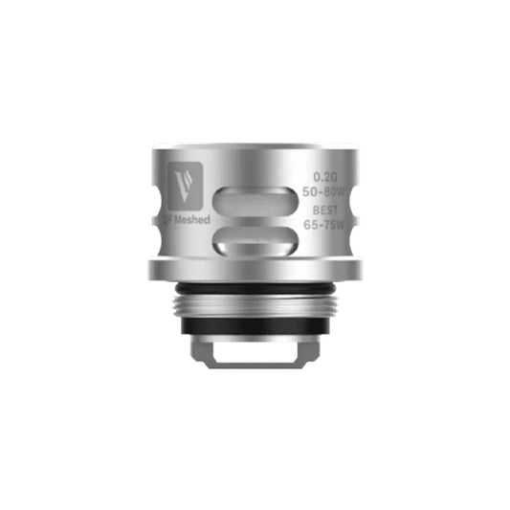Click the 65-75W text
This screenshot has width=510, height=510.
[x=328, y=229]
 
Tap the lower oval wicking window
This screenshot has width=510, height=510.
[x=255, y=239]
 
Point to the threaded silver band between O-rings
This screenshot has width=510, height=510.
[x=255, y=308]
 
